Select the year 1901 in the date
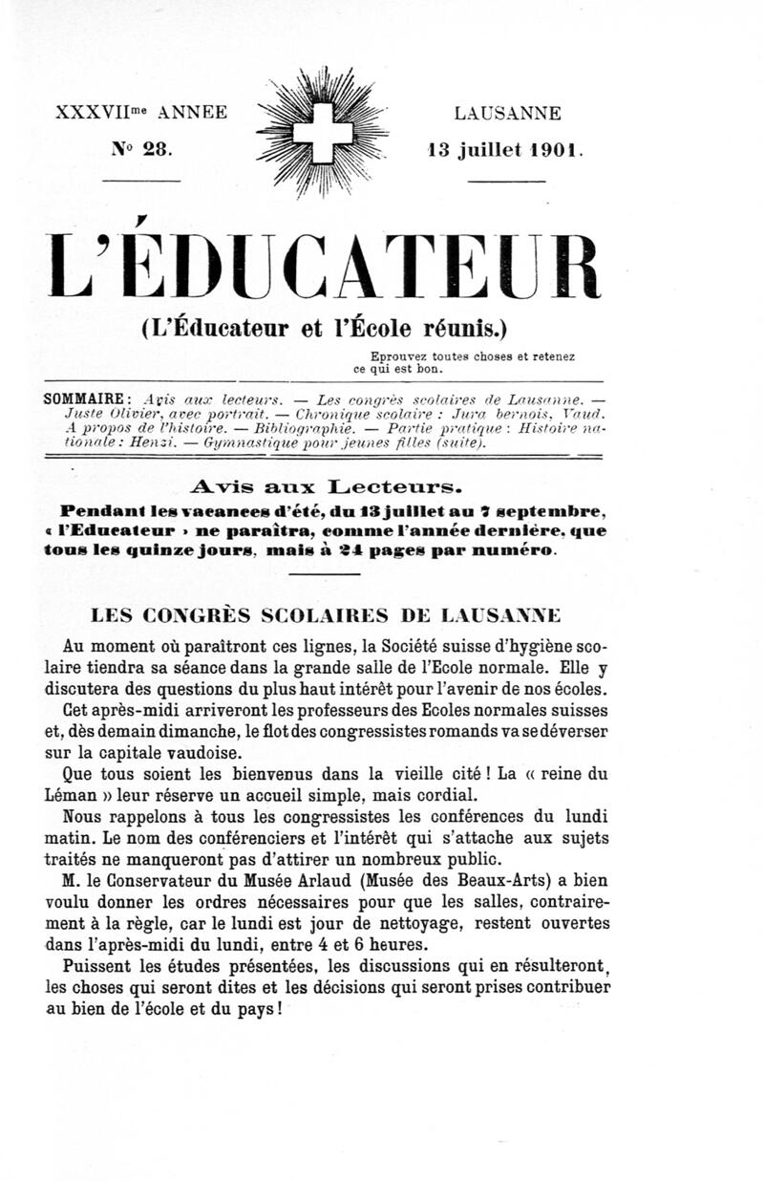tap(551, 150)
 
